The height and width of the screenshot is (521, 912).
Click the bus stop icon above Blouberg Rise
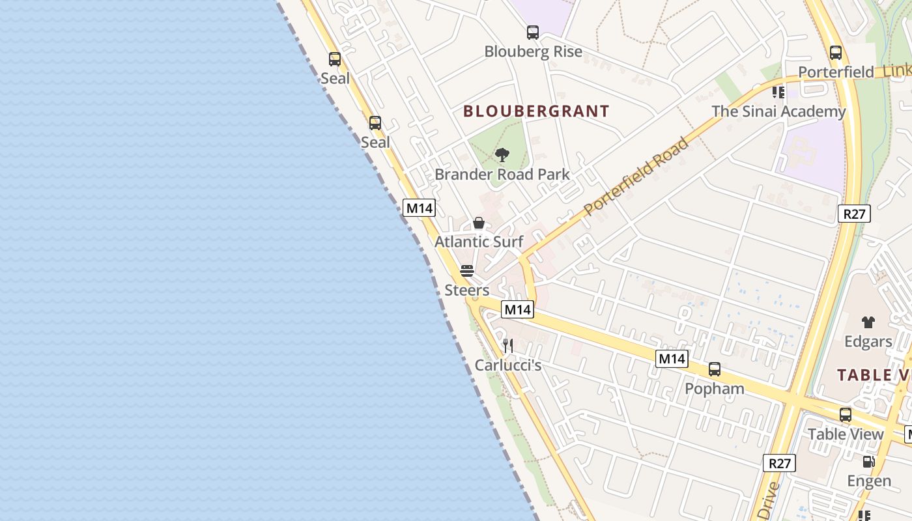[x=533, y=32]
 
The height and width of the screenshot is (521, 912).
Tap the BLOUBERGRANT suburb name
[x=536, y=111]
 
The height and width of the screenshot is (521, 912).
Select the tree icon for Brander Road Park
[x=502, y=155]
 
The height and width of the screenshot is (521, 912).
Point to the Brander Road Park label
[x=502, y=175]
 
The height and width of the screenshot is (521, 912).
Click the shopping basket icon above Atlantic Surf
[x=479, y=223]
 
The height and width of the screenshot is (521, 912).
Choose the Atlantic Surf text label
[x=479, y=242]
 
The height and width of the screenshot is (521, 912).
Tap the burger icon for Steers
[x=467, y=271]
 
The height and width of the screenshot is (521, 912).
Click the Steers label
[x=467, y=290]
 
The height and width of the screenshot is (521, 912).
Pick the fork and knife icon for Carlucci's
[x=508, y=346]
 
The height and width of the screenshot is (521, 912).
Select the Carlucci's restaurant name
[x=508, y=365]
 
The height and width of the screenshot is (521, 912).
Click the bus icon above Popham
[x=715, y=369]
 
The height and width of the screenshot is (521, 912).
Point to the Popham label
[x=715, y=389]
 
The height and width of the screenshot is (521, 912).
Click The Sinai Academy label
[x=778, y=111]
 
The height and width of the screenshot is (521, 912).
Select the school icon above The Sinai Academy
[x=778, y=92]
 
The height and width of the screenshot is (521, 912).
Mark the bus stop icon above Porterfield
[x=836, y=53]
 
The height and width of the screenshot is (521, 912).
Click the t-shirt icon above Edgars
[x=868, y=322]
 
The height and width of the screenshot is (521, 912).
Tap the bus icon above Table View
[x=846, y=414]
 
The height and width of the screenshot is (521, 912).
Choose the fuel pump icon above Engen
[x=869, y=462]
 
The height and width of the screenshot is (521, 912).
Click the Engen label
[x=869, y=481]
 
